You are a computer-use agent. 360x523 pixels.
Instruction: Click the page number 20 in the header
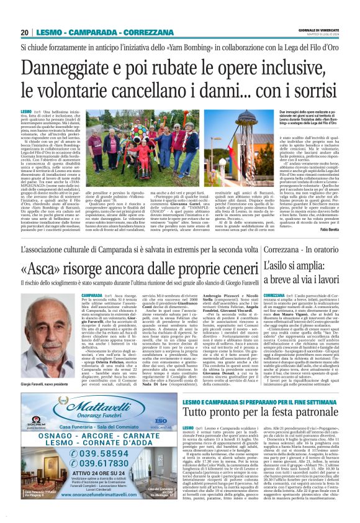click(24, 33)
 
